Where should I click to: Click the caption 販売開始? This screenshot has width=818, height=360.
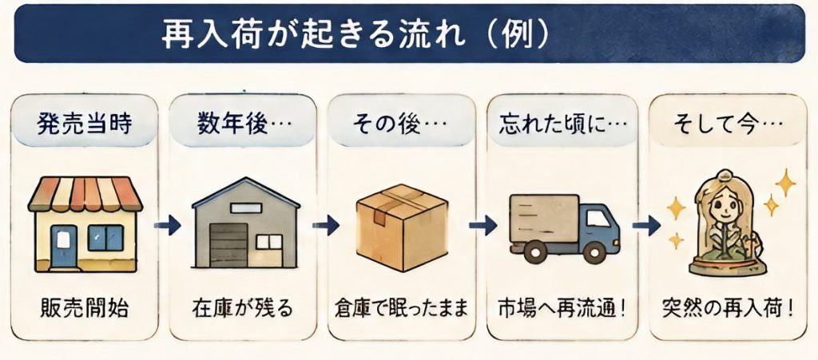[x=84, y=309]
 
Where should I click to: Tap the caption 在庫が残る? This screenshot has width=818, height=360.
[x=243, y=309]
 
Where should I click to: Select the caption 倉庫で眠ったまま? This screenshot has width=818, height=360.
[x=401, y=309]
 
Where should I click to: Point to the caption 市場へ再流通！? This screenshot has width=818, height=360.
[x=562, y=309]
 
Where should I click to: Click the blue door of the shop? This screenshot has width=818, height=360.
[x=64, y=245]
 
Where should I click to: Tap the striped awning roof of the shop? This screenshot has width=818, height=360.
[x=85, y=193]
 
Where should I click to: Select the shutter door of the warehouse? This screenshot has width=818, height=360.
[x=228, y=245]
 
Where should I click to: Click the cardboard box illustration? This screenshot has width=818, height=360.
[x=401, y=227]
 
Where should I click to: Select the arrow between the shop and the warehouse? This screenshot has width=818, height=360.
[x=168, y=226]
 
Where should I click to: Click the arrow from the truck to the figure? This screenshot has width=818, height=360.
[x=646, y=226]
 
